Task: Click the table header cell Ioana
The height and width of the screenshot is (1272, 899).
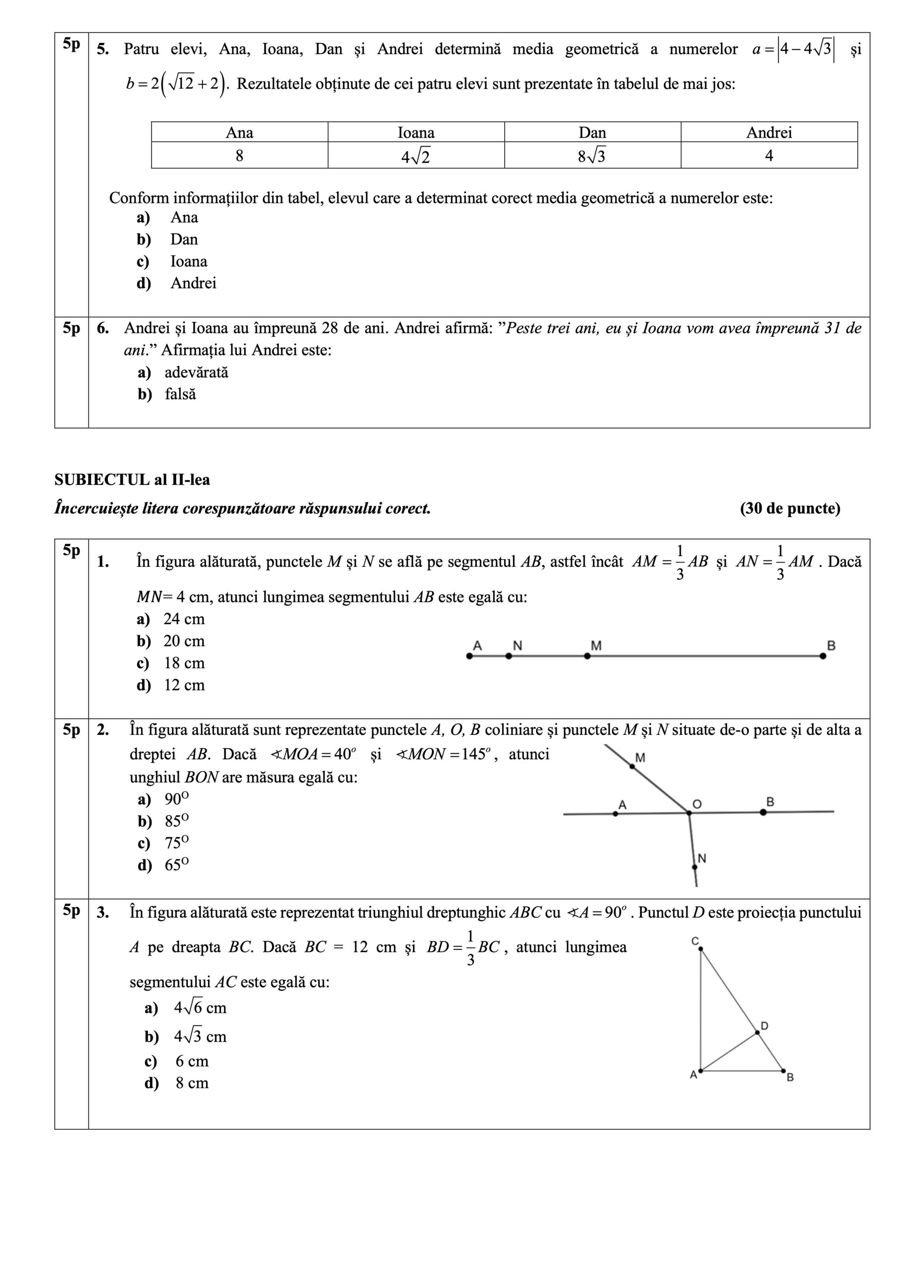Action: [x=416, y=132]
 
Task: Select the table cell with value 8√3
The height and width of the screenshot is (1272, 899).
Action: [x=592, y=156]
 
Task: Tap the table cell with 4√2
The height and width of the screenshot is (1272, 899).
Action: [x=416, y=156]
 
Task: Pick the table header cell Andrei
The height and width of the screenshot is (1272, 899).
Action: [x=769, y=132]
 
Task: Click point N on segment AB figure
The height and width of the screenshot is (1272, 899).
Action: [x=509, y=656]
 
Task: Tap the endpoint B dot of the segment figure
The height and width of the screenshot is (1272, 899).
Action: [x=823, y=656]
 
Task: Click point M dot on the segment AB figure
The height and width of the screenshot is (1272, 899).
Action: [x=587, y=656]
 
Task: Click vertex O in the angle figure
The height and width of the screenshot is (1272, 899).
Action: [x=689, y=813]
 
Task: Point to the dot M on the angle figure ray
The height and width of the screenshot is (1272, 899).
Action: [x=632, y=766]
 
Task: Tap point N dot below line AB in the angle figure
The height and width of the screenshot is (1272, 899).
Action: [x=694, y=867]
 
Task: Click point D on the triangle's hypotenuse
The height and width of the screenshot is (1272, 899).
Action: [x=757, y=1033]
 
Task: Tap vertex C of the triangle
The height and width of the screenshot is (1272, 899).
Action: [x=701, y=949]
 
